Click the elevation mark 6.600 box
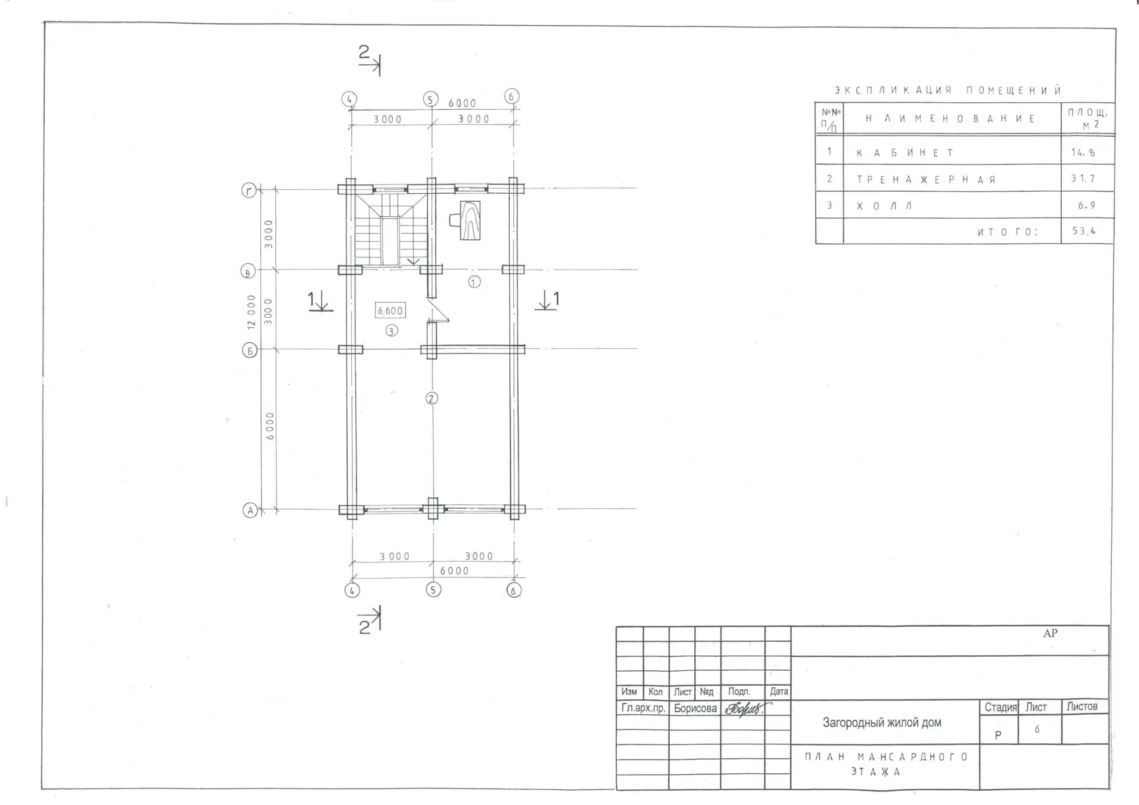[390, 310]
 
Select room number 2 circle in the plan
[431, 398]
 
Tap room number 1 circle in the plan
[474, 282]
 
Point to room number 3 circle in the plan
[391, 331]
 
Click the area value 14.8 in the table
[1083, 152]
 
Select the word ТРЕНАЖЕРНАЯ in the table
[926, 180]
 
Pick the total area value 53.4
[1083, 230]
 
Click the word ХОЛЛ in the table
[884, 206]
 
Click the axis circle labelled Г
[249, 190]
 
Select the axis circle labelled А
[249, 510]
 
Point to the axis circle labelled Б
[249, 351]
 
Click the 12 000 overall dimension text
[251, 312]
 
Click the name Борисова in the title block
[695, 708]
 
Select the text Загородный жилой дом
[881, 722]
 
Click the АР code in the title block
[1050, 633]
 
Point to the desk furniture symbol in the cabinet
[466, 220]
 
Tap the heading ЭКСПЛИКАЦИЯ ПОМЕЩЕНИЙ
[948, 91]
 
